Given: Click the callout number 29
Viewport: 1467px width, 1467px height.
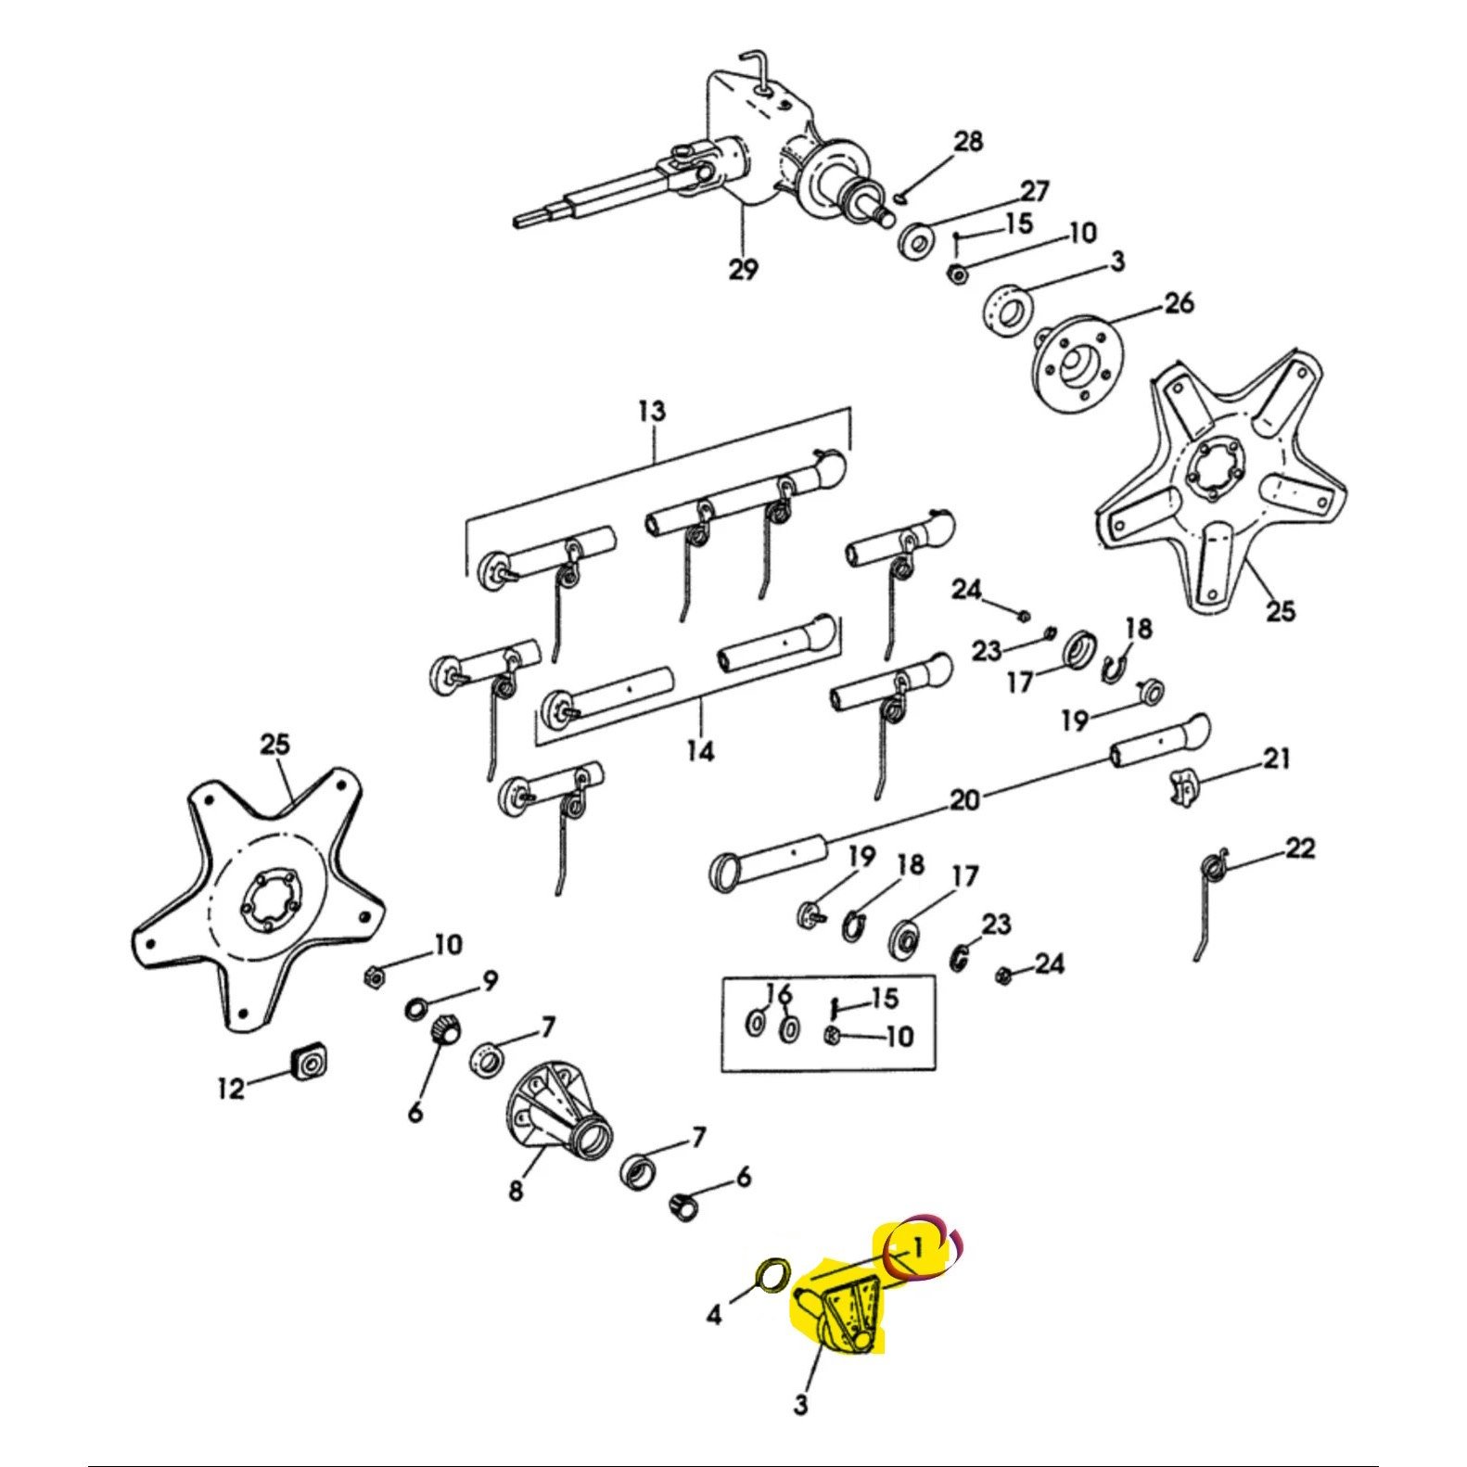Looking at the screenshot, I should pyautogui.click(x=743, y=270).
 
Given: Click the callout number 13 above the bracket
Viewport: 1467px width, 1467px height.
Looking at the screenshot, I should pyautogui.click(x=652, y=411).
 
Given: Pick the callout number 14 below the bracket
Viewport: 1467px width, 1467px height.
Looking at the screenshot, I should pyautogui.click(x=701, y=750).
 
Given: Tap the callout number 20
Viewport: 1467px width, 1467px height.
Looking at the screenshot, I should pyautogui.click(x=964, y=798).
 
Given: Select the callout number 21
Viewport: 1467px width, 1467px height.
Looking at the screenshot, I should pyautogui.click(x=1277, y=759).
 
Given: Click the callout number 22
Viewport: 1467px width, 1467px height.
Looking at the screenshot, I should pyautogui.click(x=1300, y=848).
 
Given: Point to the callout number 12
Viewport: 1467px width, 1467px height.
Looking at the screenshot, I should pyautogui.click(x=231, y=1087).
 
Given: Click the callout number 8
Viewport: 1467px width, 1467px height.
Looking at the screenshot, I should pyautogui.click(x=516, y=1189).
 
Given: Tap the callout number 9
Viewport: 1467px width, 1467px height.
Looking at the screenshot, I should pyautogui.click(x=489, y=980).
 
